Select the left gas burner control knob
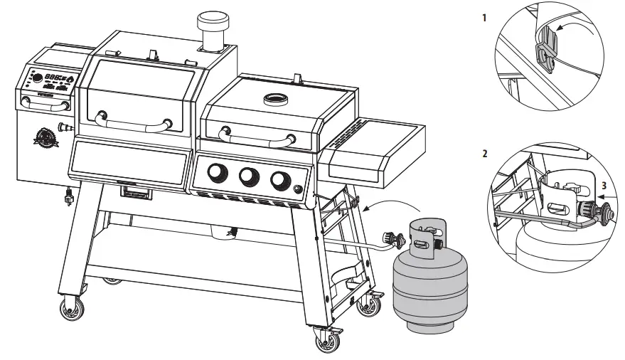[x=215, y=173]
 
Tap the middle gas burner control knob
[x=248, y=176]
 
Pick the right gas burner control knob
[x=281, y=180]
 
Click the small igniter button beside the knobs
[x=297, y=189]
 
